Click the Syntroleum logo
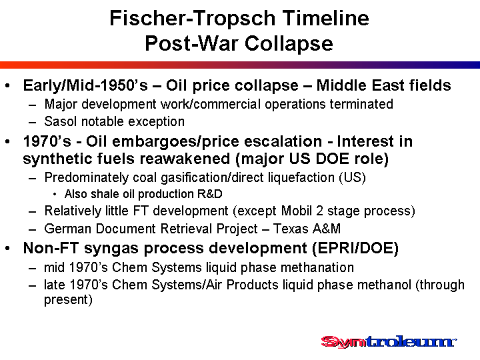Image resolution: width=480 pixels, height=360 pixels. click(x=389, y=341)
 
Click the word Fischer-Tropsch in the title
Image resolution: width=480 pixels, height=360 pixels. click(x=193, y=18)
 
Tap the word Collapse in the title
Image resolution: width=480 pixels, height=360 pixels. click(x=289, y=43)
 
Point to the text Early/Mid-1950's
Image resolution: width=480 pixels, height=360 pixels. click(x=85, y=85)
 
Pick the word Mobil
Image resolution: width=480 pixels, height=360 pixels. click(x=297, y=211)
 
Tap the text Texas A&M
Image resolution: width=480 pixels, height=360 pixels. click(x=307, y=229)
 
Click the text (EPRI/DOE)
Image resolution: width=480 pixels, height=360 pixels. click(x=355, y=248)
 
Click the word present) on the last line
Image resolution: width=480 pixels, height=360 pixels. click(x=68, y=300)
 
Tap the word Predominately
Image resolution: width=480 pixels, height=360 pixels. click(x=86, y=177)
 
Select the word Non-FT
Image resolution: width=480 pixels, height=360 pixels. click(x=51, y=248)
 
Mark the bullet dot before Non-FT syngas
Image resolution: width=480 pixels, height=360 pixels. click(x=7, y=248)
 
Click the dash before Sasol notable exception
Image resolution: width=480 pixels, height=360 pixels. click(x=33, y=122)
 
